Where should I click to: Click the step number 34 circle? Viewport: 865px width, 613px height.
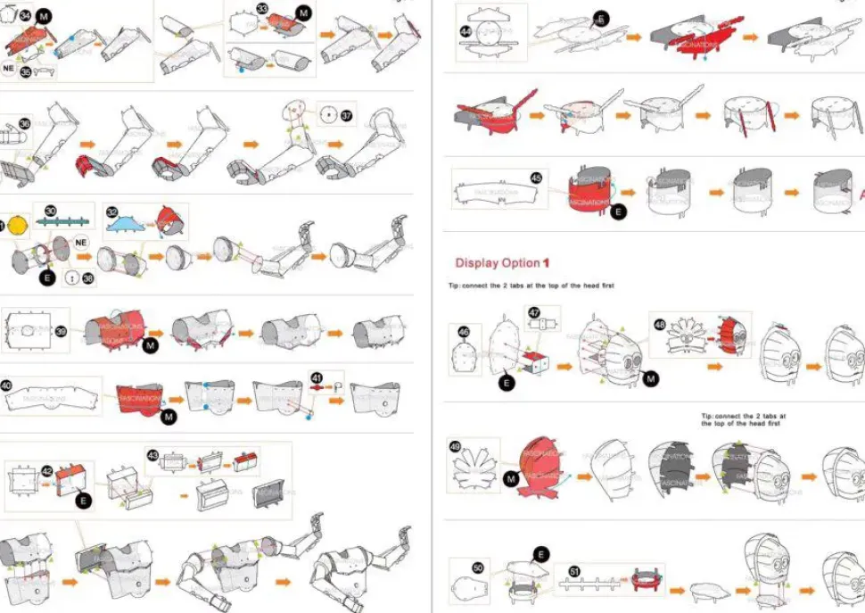pyautogui.click(x=25, y=16)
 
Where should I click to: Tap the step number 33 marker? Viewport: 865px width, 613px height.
pyautogui.click(x=263, y=10)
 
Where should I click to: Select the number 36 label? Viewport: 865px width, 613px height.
pyautogui.click(x=24, y=124)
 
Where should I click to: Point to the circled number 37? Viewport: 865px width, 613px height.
pyautogui.click(x=347, y=114)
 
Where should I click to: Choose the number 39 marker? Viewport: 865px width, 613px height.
pyautogui.click(x=61, y=331)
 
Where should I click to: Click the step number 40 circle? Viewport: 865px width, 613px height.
pyautogui.click(x=6, y=386)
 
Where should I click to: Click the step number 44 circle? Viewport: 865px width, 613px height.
pyautogui.click(x=465, y=31)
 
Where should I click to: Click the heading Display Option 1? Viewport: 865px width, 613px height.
pyautogui.click(x=503, y=263)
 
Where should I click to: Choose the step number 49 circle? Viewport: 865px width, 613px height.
pyautogui.click(x=456, y=446)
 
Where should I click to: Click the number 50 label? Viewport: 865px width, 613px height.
pyautogui.click(x=477, y=567)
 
